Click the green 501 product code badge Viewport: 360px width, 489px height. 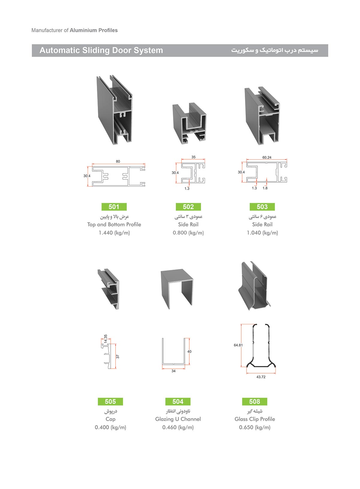(114, 207)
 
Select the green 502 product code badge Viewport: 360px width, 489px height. (188, 207)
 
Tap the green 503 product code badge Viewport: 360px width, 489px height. (262, 207)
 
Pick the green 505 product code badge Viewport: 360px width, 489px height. (110, 401)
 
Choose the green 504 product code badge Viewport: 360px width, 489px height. (178, 401)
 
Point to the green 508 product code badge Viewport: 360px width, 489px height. (255, 401)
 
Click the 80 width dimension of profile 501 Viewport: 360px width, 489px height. (118, 161)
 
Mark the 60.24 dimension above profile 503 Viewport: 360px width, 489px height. (267, 157)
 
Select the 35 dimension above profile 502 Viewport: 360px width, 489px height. (193, 157)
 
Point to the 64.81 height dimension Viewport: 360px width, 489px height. (238, 345)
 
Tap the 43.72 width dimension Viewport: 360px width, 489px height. (261, 377)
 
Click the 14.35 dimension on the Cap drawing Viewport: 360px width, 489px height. (106, 339)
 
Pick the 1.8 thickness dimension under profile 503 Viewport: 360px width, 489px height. (265, 188)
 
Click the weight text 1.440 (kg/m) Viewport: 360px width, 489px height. (114, 233)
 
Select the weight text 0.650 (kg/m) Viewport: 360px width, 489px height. (255, 427)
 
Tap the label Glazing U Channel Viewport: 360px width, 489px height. (178, 419)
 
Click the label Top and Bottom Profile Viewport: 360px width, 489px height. (114, 224)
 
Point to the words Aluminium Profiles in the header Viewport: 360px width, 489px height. (94, 30)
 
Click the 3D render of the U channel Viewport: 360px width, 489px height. (177, 289)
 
